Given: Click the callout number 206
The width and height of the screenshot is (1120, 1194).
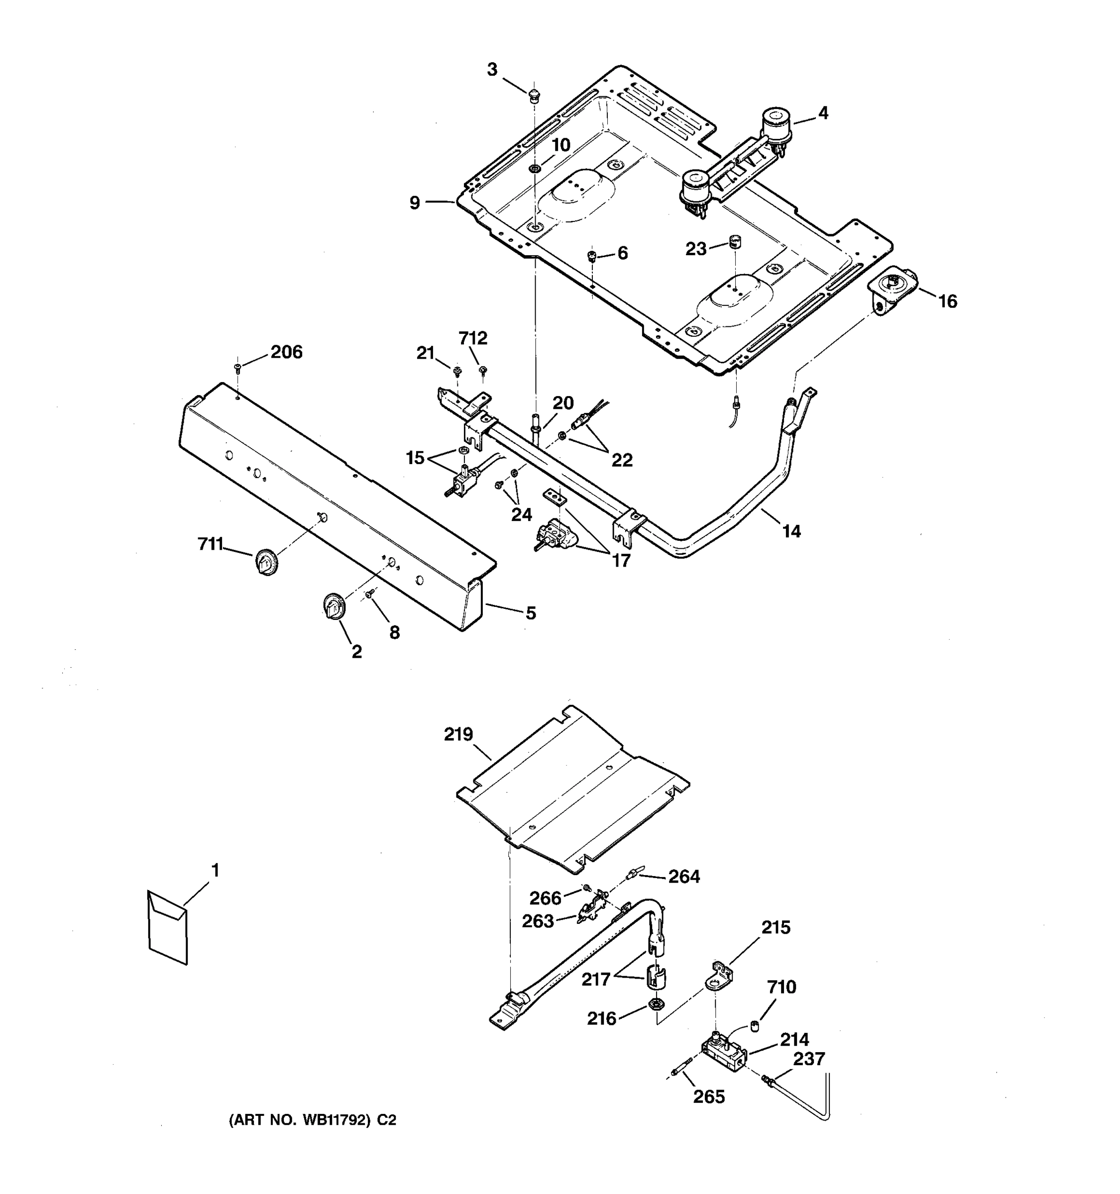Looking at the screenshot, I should [x=286, y=352].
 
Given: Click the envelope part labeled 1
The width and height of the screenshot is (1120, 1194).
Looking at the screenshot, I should [x=168, y=928].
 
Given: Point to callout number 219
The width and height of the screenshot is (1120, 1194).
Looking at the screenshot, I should [x=458, y=734].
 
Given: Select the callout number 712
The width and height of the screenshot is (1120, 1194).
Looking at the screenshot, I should [x=473, y=339].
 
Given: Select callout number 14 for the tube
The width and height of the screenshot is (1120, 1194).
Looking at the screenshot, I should [x=791, y=531].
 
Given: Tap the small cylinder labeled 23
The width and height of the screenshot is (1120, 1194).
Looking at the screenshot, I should [x=734, y=242].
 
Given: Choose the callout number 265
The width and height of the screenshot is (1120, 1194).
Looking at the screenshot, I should [x=709, y=1096].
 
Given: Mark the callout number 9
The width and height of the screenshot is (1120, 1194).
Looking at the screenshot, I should [x=415, y=203].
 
